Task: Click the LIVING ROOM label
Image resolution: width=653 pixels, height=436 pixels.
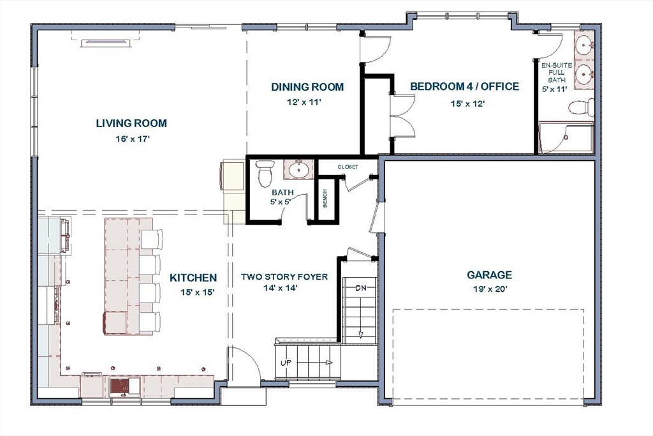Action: tap(131, 123)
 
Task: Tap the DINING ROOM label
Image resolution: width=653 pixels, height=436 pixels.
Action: tap(307, 87)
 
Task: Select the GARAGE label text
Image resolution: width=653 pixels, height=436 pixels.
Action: tap(489, 275)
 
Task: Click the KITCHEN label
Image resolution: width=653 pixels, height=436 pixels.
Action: tap(193, 278)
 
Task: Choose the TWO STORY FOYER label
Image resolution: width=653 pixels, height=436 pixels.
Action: tap(284, 277)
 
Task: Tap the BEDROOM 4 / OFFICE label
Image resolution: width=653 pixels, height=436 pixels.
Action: tap(464, 87)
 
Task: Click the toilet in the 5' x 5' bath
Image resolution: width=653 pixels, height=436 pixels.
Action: tap(265, 172)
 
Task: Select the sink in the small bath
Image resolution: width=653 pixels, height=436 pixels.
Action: tap(298, 170)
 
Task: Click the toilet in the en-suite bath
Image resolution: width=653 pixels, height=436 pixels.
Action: tap(582, 107)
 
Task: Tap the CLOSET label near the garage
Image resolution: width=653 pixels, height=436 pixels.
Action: tap(348, 167)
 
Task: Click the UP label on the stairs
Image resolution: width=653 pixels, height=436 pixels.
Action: tap(286, 362)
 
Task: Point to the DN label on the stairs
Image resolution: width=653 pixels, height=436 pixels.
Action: tap(361, 288)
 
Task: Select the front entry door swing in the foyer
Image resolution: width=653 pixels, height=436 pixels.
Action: tap(246, 366)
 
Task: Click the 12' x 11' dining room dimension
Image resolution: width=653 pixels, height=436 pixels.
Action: tap(307, 102)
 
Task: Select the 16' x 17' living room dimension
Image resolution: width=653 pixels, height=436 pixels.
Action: tap(131, 138)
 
